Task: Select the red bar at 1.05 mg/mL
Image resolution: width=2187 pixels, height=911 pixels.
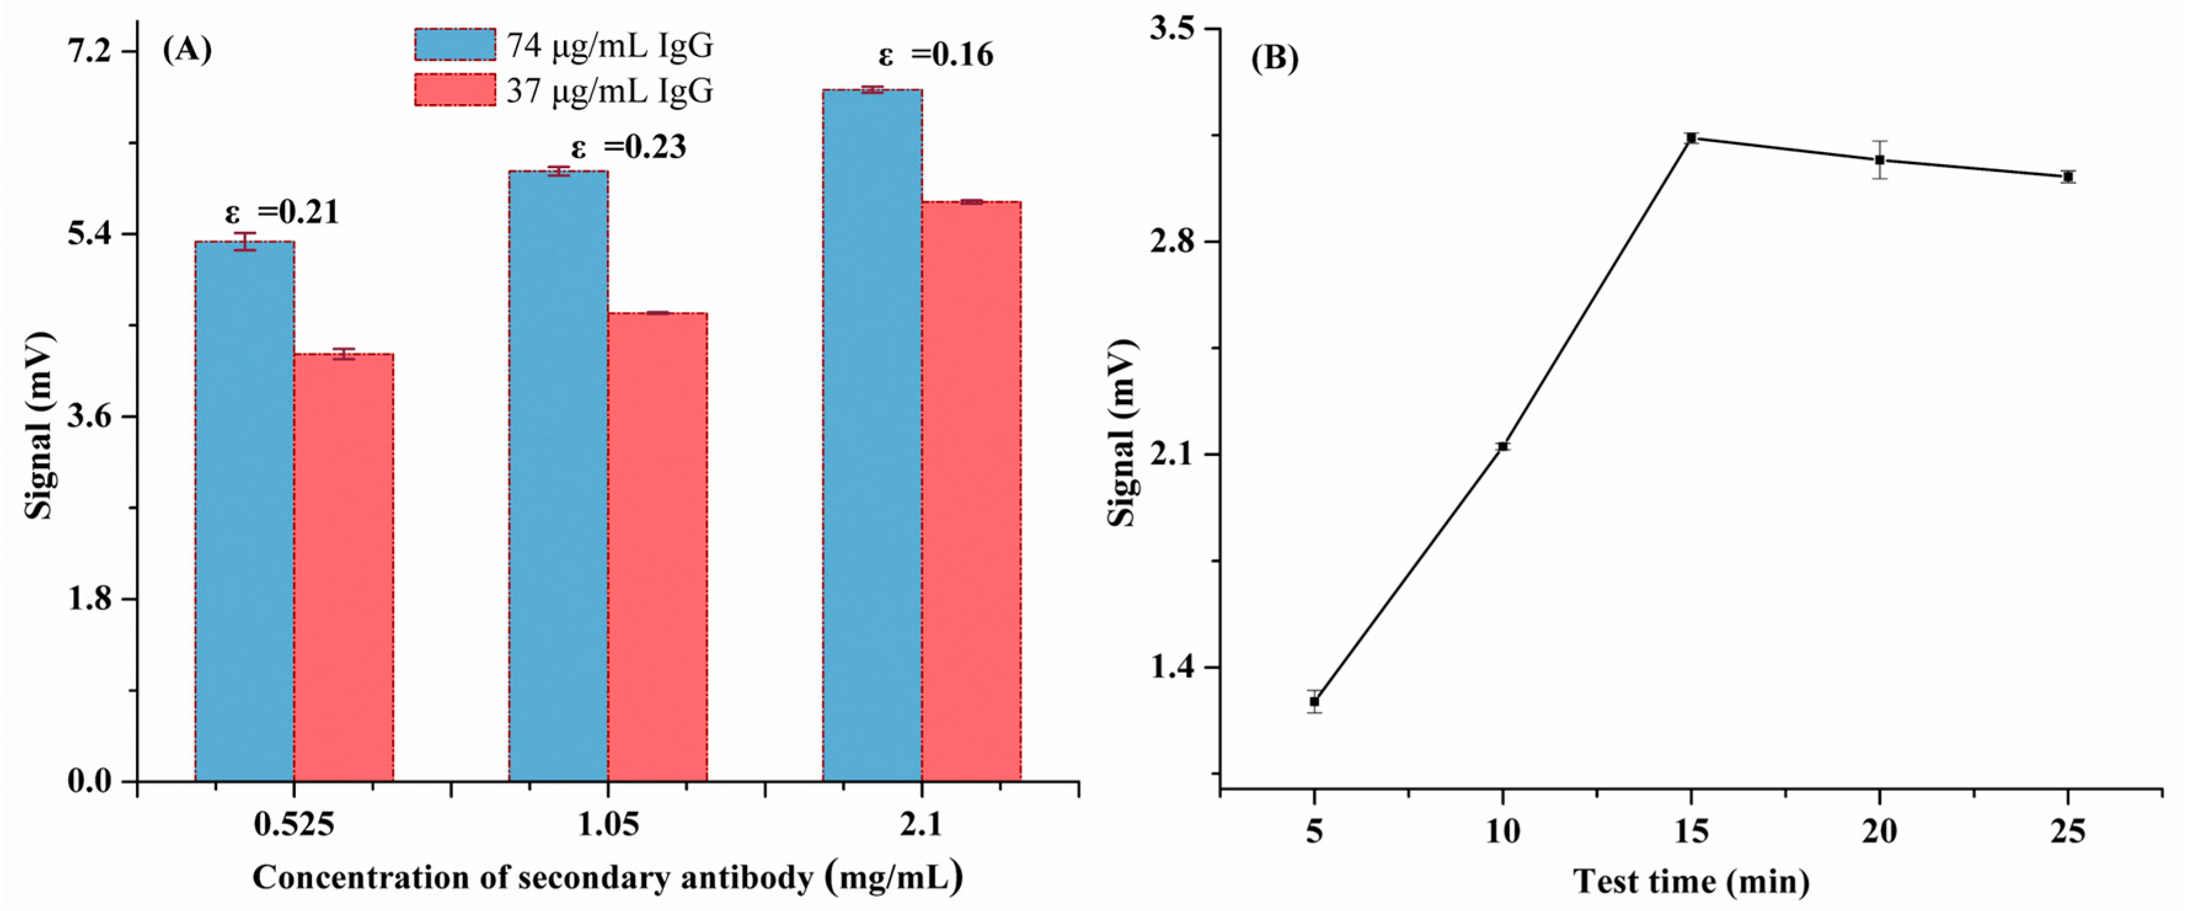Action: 657,547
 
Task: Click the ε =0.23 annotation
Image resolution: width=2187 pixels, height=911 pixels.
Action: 628,148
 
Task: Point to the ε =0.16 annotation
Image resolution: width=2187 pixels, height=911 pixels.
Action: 936,55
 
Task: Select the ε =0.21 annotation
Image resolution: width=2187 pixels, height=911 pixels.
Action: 282,212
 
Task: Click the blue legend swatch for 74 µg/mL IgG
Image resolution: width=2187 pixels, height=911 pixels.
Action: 455,45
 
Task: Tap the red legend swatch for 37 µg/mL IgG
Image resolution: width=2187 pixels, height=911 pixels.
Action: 455,90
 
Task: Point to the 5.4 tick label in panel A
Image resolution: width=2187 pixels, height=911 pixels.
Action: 92,234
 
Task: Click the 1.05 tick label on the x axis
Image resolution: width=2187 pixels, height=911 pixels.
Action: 608,824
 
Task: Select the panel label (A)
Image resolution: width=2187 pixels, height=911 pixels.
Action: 187,51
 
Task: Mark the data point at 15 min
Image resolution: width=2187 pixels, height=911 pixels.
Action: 1691,138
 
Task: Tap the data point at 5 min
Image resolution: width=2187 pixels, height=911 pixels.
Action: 1315,701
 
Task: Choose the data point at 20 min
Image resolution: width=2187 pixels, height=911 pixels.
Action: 1880,159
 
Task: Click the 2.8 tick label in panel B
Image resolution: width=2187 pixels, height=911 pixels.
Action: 1173,242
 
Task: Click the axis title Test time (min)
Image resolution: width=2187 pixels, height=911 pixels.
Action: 1691,881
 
